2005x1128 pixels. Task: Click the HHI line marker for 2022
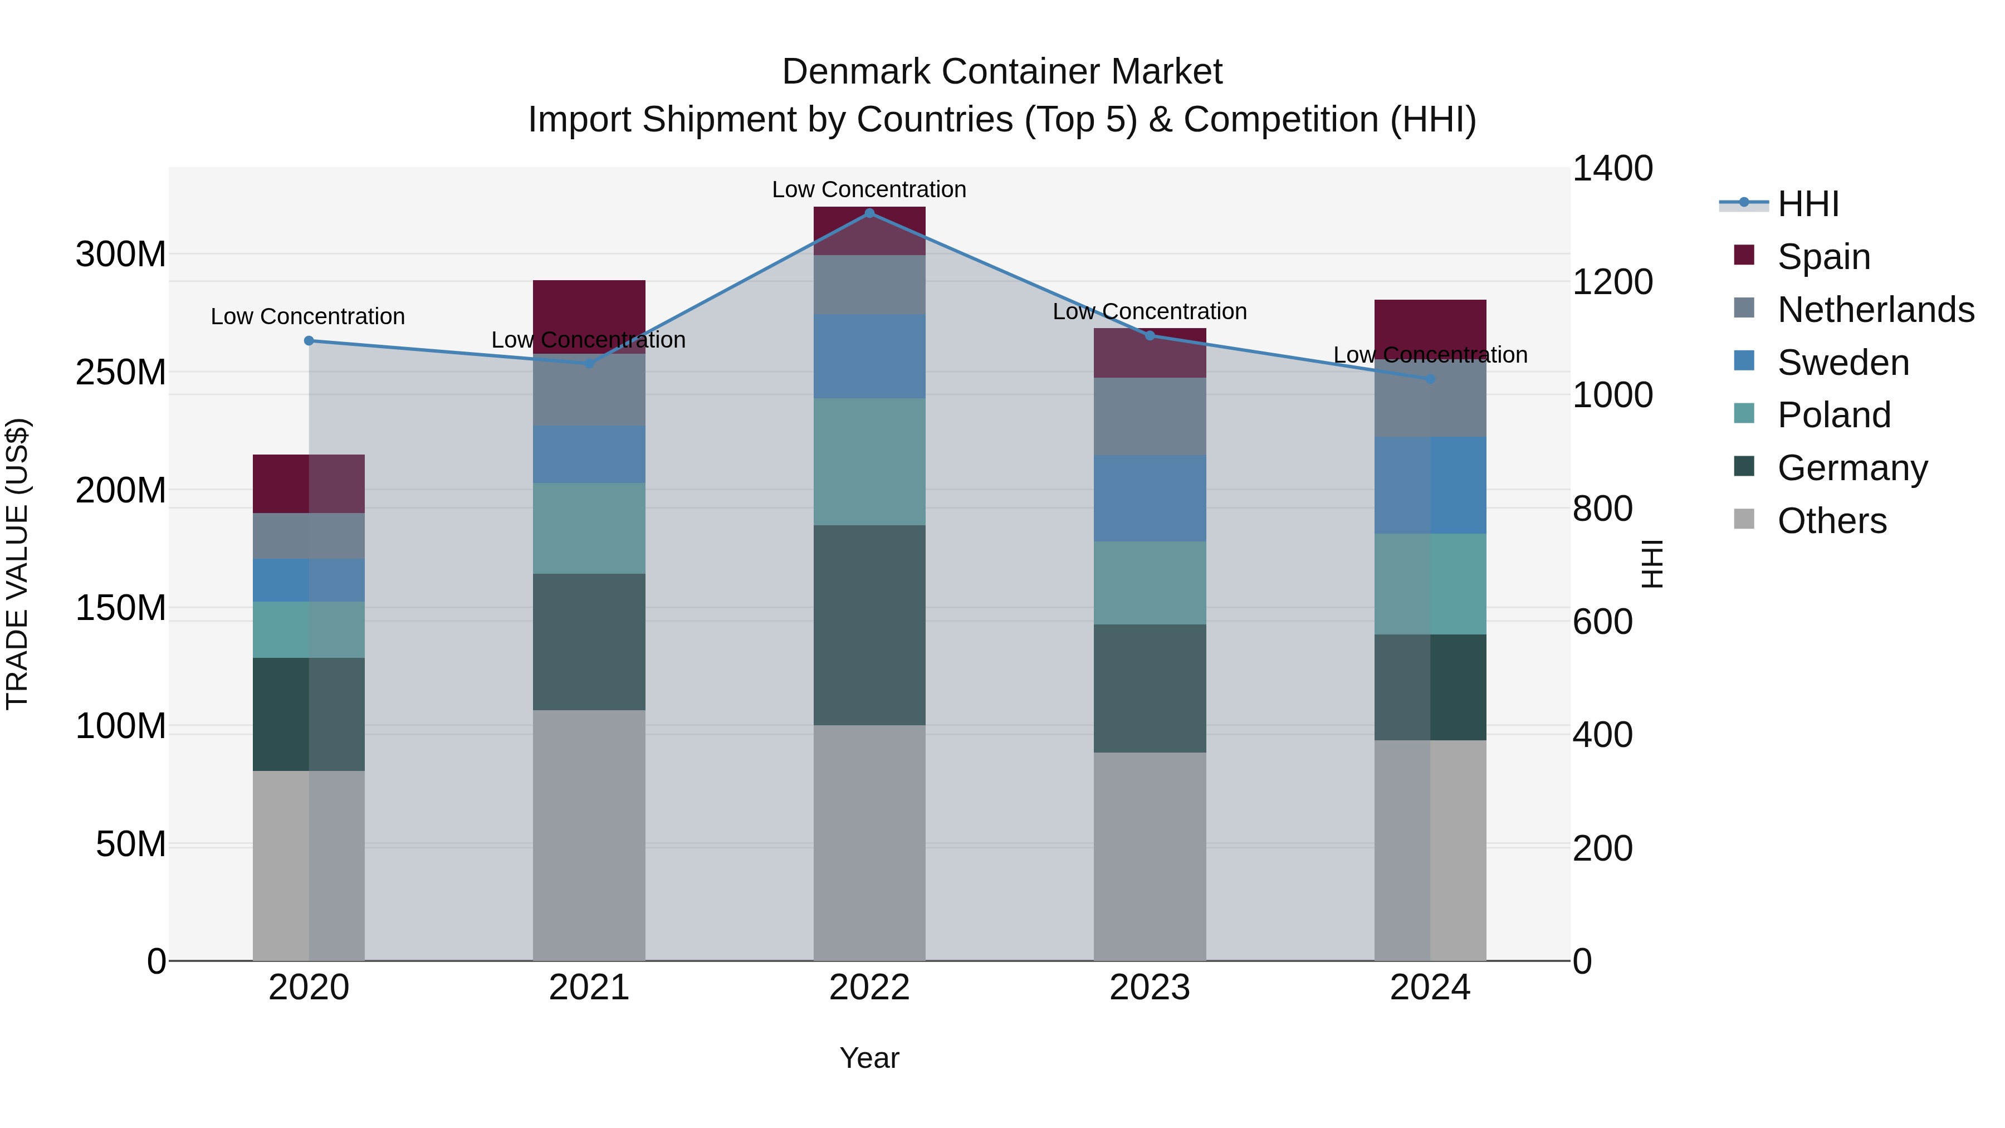[x=869, y=213]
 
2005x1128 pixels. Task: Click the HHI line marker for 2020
[x=309, y=340]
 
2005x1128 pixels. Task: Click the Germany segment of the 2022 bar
[x=869, y=624]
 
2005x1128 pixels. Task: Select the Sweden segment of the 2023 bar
[x=1150, y=497]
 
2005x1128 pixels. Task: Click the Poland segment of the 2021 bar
[x=589, y=528]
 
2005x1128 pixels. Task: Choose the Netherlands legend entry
[x=1875, y=309]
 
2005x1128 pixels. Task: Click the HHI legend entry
[x=1807, y=204]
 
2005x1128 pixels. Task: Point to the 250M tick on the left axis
[x=121, y=372]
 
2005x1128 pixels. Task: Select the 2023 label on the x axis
[x=1150, y=987]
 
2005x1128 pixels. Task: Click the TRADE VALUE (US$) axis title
[x=18, y=564]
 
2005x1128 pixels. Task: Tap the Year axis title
[x=869, y=1058]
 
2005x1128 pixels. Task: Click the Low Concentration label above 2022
[x=869, y=189]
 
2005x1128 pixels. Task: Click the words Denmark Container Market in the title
[x=1002, y=72]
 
